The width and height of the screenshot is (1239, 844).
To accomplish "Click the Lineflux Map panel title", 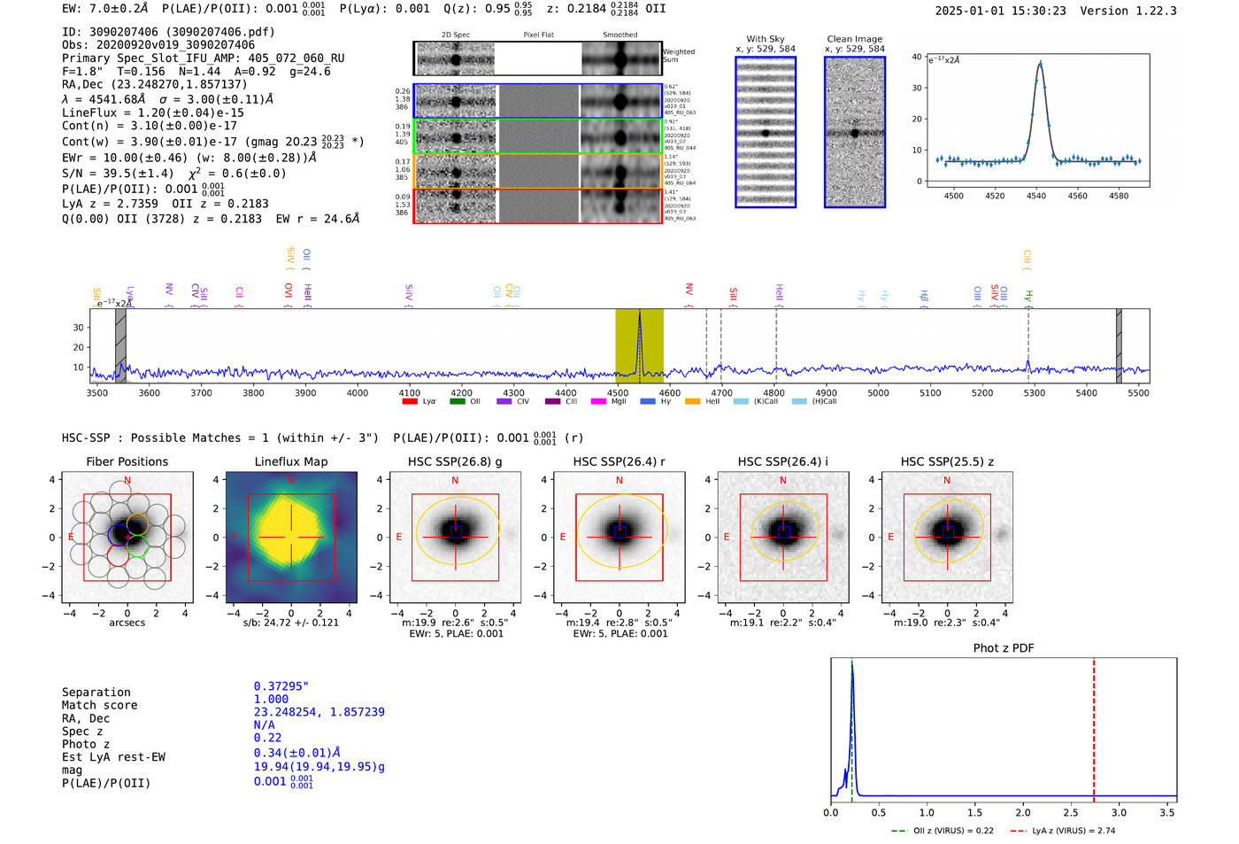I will click(x=290, y=461).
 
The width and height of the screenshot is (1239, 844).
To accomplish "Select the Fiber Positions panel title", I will click(x=127, y=461).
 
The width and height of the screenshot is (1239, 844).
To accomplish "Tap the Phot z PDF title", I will click(x=1004, y=647).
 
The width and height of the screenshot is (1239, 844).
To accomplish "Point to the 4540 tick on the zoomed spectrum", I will click(x=1036, y=195).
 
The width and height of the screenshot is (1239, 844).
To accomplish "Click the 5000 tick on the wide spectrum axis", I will click(x=878, y=392).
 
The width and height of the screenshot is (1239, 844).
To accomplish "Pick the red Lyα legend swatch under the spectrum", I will click(x=410, y=402).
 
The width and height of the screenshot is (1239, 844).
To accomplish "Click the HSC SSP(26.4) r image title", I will click(x=619, y=461).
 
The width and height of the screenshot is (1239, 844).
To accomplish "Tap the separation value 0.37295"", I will click(x=281, y=686).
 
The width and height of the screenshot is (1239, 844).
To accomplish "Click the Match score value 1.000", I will click(x=271, y=699).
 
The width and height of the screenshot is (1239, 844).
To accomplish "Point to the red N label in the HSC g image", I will click(x=455, y=480).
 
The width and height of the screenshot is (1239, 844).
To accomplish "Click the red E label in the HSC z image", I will click(x=890, y=537).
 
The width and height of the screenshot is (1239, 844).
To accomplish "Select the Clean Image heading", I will click(x=854, y=39).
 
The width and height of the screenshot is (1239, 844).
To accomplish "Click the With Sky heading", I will click(x=765, y=39).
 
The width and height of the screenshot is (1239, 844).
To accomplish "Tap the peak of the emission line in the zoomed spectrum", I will click(x=1040, y=63).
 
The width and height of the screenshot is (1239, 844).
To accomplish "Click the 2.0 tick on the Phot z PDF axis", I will click(x=1022, y=812).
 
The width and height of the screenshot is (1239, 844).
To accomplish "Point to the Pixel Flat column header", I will click(x=538, y=35).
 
